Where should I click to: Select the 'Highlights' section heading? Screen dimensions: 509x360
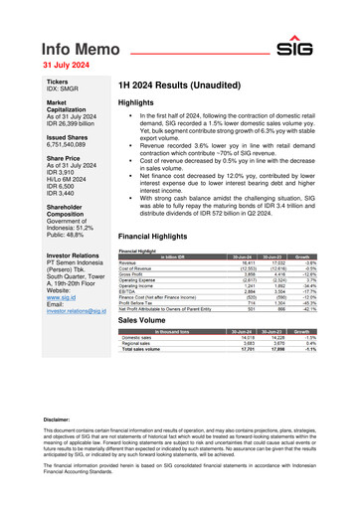(x=136, y=103)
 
